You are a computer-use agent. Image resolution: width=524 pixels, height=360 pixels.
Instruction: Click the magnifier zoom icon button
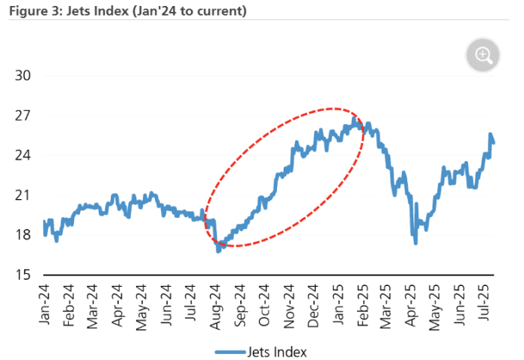tap(483, 55)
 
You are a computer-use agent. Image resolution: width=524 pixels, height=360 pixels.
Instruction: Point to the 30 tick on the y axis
tap(23, 76)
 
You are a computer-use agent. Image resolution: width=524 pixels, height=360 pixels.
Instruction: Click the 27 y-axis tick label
tap(23, 116)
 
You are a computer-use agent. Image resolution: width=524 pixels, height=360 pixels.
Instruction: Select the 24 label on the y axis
tap(23, 156)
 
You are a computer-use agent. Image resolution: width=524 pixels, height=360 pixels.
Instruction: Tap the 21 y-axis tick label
tap(23, 195)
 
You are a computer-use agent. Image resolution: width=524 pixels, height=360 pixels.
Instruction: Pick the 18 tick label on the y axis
tap(23, 235)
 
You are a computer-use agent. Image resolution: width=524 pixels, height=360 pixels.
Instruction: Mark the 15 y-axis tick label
tap(23, 275)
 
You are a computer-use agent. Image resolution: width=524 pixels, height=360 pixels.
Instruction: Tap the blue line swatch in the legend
tap(231, 351)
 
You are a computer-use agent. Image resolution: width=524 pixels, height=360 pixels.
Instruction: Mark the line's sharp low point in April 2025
tap(415, 242)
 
